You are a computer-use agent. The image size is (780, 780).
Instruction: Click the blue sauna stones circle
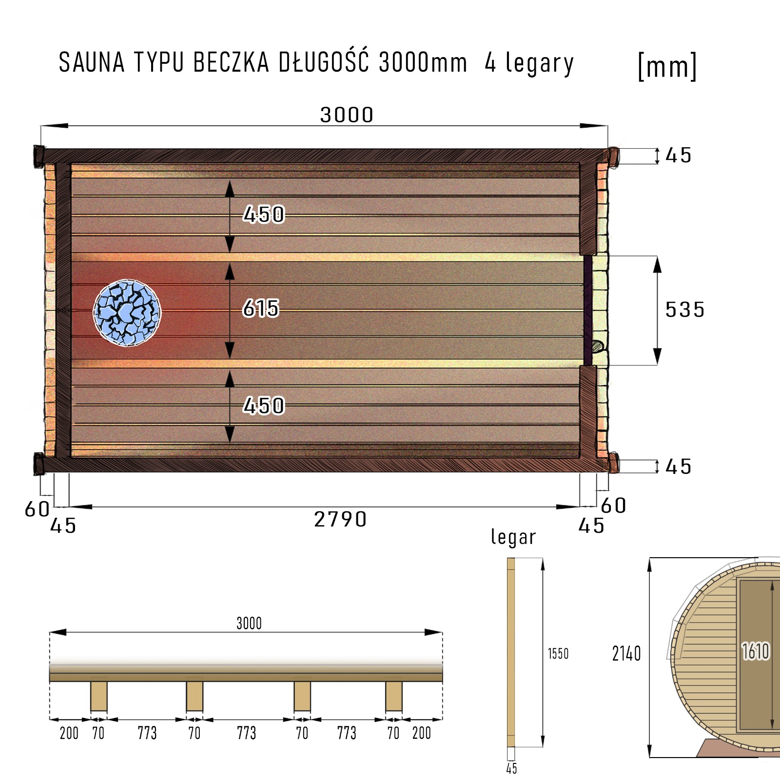(127, 313)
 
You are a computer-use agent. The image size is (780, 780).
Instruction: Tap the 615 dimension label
(261, 308)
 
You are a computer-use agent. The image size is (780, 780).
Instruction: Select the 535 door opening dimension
(685, 310)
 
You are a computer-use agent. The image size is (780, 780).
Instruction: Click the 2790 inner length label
(340, 519)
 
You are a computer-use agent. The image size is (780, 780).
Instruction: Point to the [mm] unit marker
(667, 66)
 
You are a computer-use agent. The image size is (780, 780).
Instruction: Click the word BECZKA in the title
(231, 62)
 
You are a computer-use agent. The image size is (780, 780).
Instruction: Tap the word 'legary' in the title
(540, 64)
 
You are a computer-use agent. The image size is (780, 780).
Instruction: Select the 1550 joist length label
(558, 653)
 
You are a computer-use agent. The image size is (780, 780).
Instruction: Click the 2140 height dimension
(626, 653)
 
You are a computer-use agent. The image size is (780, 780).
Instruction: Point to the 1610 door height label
(756, 651)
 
